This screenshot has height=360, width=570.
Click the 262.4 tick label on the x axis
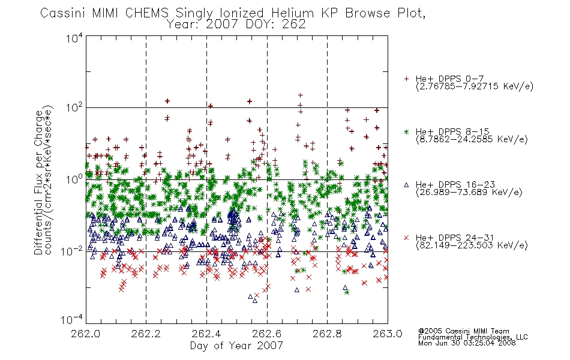pyautogui.click(x=206, y=334)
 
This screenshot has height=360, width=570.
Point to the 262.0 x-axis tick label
pyautogui.click(x=86, y=334)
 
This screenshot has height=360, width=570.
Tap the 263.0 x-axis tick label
pyautogui.click(x=388, y=334)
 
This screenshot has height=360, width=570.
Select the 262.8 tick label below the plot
pyautogui.click(x=327, y=334)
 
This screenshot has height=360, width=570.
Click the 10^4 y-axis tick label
pyautogui.click(x=74, y=38)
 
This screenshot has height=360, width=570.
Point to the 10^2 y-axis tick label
pyautogui.click(x=74, y=107)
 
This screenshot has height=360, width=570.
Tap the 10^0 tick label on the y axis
pyautogui.click(x=74, y=179)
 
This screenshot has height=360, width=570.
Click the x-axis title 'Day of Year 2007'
pyautogui.click(x=236, y=346)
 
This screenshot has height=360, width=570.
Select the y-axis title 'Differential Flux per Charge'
pyautogui.click(x=38, y=182)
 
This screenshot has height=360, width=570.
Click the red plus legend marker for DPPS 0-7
pyautogui.click(x=406, y=79)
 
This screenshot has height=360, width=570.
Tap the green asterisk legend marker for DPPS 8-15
pyautogui.click(x=406, y=131)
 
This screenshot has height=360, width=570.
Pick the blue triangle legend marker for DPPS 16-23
pyautogui.click(x=406, y=185)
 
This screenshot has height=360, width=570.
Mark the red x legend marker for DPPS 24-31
pyautogui.click(x=406, y=238)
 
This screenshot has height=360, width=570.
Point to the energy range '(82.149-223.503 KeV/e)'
pyautogui.click(x=472, y=245)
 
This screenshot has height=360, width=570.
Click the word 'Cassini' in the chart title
pyautogui.click(x=63, y=13)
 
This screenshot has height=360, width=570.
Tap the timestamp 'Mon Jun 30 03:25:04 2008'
pyautogui.click(x=467, y=343)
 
